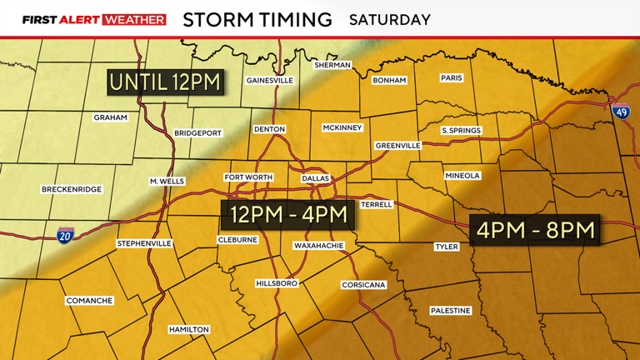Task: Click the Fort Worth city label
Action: click(x=247, y=177)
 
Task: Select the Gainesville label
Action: click(x=270, y=81)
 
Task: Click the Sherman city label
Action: click(x=331, y=64)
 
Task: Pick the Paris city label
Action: click(x=451, y=78)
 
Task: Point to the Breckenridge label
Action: click(x=71, y=190)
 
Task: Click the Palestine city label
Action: click(x=451, y=311)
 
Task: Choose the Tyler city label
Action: click(x=447, y=247)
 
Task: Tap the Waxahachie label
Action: click(x=319, y=247)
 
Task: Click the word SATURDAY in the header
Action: click(x=390, y=18)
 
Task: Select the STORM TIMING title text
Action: click(x=257, y=18)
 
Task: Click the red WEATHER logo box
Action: click(x=133, y=19)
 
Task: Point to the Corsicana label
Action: click(x=363, y=285)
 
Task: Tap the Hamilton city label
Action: click(x=188, y=330)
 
